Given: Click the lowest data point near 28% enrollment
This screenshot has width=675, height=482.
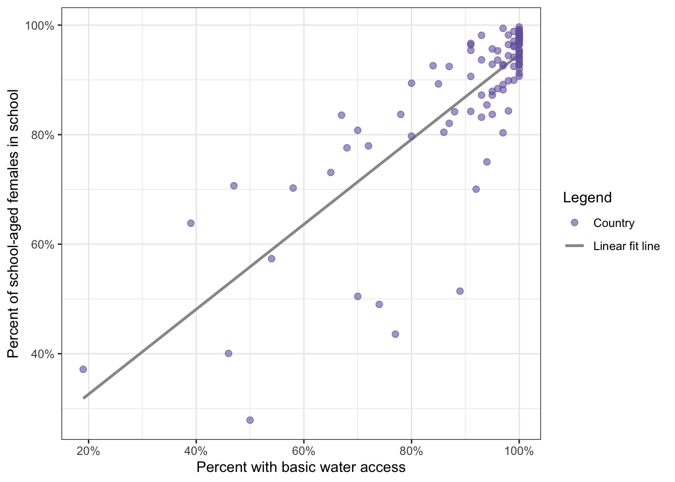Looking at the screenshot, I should tap(250, 420).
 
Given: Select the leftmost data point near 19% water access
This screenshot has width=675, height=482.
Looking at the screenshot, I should tap(83, 370).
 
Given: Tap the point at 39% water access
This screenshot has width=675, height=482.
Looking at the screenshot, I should tap(191, 223).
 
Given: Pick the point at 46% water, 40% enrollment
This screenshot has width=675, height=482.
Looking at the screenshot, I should tap(229, 353).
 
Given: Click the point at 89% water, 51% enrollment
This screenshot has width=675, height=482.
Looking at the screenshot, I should tap(460, 291).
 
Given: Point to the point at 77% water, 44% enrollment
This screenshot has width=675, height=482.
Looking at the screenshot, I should tap(395, 334).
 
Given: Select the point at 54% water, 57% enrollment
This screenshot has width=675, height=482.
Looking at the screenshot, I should tap(272, 259).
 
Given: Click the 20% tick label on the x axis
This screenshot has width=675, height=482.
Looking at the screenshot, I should tap(88, 451).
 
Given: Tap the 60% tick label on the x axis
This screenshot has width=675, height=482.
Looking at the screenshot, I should tap(304, 451).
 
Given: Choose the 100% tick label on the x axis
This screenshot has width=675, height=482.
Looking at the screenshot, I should tap(519, 451).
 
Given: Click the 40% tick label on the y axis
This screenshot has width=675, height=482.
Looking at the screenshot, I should tap(43, 354).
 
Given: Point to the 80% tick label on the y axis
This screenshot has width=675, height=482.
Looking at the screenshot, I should tap(43, 135).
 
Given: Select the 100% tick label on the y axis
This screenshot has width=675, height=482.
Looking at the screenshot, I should tap(40, 26).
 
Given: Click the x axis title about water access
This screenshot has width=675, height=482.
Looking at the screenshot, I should tap(301, 467).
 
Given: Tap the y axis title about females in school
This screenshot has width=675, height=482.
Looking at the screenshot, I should tap(14, 223).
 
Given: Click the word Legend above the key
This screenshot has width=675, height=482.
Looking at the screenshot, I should tap(587, 198).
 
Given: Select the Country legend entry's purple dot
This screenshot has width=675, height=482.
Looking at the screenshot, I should tap(575, 223).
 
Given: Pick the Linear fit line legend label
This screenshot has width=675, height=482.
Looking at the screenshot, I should tap(626, 246).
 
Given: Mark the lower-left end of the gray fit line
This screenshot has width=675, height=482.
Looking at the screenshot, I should tap(84, 398).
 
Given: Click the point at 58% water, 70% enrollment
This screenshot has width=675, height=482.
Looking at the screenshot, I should tap(293, 188).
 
